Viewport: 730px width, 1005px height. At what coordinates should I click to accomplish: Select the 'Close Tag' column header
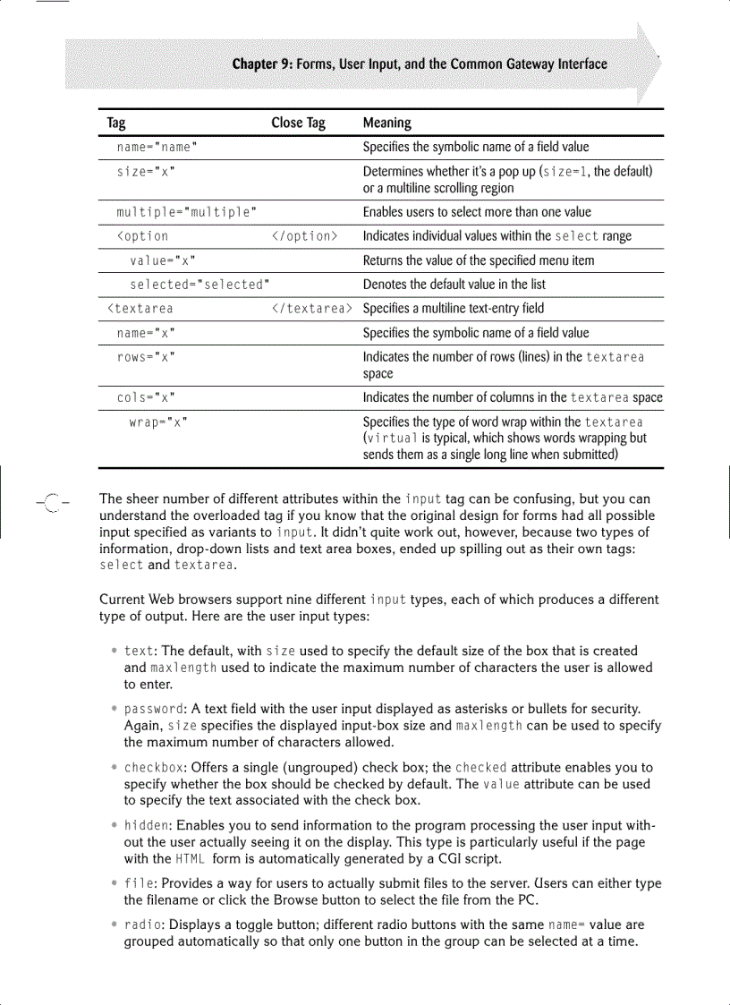[x=298, y=123]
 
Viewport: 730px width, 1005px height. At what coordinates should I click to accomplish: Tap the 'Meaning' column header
[x=386, y=123]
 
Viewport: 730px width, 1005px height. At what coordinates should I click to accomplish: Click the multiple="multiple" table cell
[x=187, y=212]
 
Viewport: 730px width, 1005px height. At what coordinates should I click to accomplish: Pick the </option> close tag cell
[x=304, y=236]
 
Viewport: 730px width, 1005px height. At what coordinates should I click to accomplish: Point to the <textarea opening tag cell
[x=140, y=309]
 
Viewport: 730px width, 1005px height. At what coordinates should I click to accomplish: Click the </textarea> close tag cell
[x=311, y=309]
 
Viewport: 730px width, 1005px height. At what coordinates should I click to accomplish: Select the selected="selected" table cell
[x=200, y=285]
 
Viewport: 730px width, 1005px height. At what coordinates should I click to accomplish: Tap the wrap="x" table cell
[x=158, y=422]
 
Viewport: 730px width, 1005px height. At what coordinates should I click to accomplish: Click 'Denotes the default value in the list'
[x=454, y=285]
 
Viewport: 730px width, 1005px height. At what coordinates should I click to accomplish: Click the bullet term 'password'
[x=154, y=709]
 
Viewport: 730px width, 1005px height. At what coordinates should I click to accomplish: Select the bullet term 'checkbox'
[x=154, y=767]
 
